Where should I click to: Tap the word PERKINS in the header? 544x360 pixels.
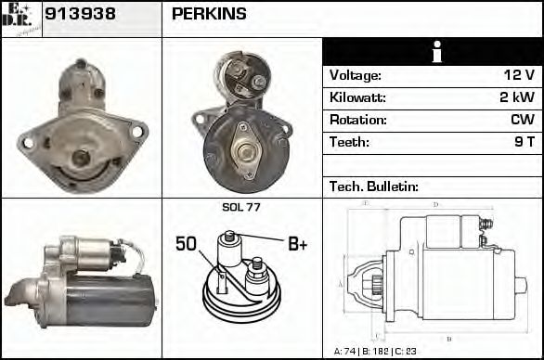coord(209,14)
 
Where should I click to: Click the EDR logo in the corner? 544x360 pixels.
coord(20,18)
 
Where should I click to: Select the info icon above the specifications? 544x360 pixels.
coord(432,53)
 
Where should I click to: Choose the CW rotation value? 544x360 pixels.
coord(522,120)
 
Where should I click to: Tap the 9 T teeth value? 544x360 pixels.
coord(524,142)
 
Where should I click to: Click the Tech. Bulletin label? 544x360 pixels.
coord(373,186)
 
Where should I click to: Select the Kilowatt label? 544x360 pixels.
coord(357,97)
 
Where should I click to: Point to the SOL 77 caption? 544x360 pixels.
coord(241,208)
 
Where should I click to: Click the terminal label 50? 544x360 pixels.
coord(187,244)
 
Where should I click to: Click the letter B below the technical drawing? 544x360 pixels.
coord(449,338)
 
